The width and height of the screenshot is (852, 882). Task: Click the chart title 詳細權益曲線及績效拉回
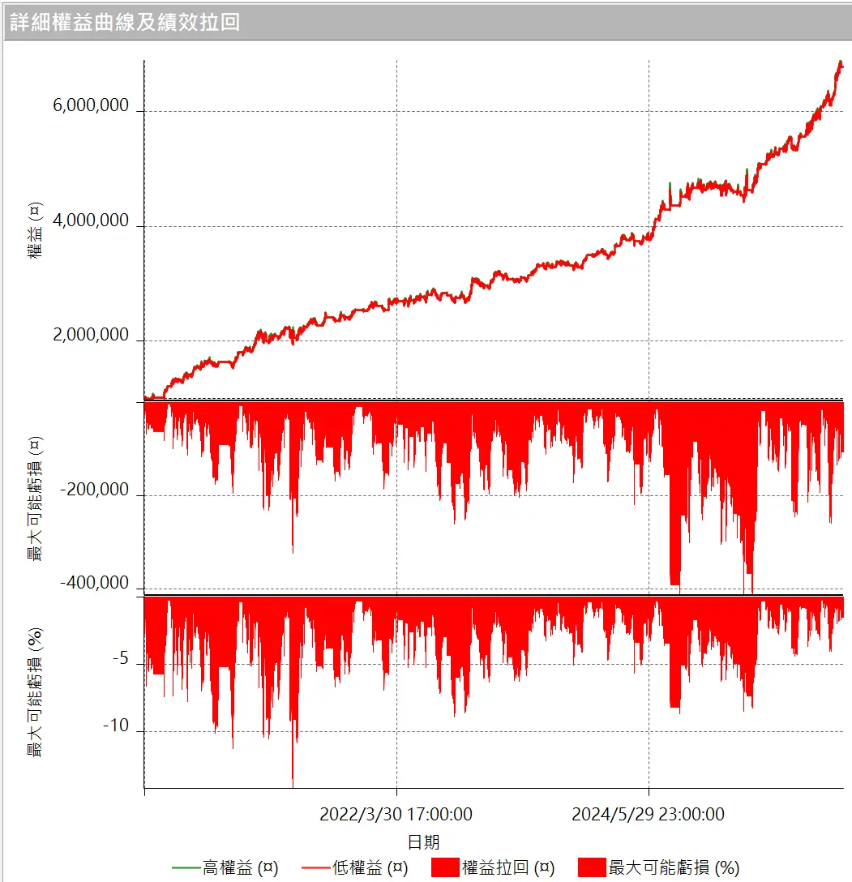coord(125,21)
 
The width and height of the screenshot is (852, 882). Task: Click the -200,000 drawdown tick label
coord(95,490)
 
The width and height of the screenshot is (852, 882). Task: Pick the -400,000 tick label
coord(95,583)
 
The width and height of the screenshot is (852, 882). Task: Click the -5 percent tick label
coord(120,659)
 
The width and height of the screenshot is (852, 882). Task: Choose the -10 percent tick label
coord(116,726)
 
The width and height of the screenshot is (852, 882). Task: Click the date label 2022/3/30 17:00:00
coord(396,814)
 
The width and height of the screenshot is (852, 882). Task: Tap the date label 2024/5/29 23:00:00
coord(649,814)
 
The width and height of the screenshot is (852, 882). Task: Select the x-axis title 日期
coord(423,841)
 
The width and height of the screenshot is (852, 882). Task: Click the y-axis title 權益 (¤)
coord(35,232)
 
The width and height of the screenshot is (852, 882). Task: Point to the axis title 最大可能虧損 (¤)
coord(35,498)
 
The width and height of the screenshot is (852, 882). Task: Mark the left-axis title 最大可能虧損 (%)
coord(35,691)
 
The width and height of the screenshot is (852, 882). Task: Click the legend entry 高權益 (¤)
coord(241,867)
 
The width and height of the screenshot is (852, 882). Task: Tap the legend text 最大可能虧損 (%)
coord(674,867)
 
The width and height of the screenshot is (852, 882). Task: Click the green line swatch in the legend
coord(185,868)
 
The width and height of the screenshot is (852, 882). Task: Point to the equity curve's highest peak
coord(839,62)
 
